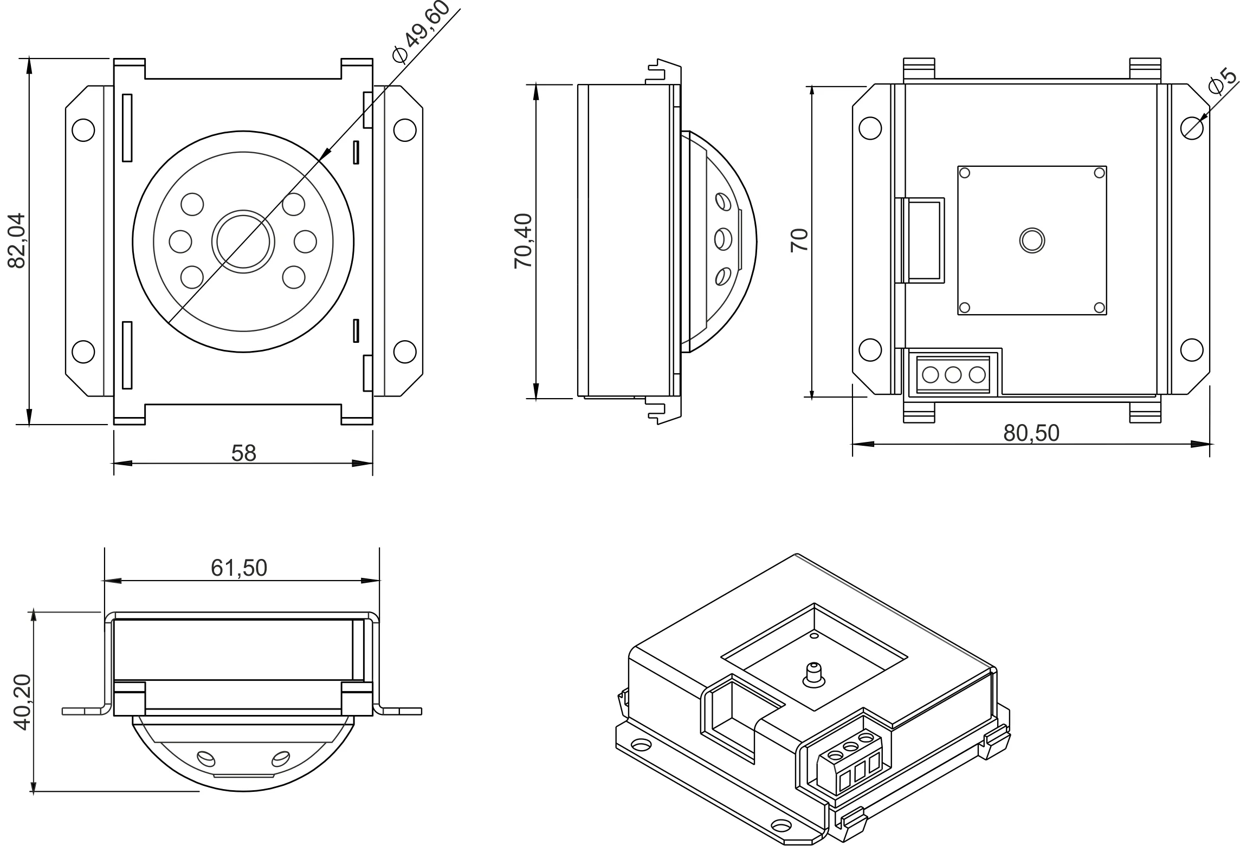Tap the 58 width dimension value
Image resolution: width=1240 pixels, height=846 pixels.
click(x=243, y=453)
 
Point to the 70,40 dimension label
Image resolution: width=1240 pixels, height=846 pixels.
click(x=524, y=241)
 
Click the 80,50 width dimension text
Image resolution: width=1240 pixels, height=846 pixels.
click(x=1031, y=433)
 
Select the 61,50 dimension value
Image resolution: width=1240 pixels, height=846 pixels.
click(x=239, y=568)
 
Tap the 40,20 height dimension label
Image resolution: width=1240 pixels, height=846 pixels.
click(x=22, y=701)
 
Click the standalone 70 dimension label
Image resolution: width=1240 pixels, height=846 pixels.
click(x=799, y=240)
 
